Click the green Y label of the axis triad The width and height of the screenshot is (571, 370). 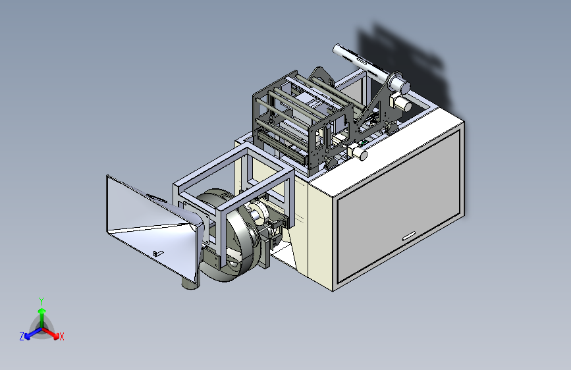pos(41,301)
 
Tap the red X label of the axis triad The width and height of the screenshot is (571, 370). pos(61,336)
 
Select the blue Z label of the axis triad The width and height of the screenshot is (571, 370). pos(22,336)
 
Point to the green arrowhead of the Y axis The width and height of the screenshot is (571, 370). pos(42,311)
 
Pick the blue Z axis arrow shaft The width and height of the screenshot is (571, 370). pos(36,332)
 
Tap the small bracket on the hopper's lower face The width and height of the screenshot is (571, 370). pos(157,253)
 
